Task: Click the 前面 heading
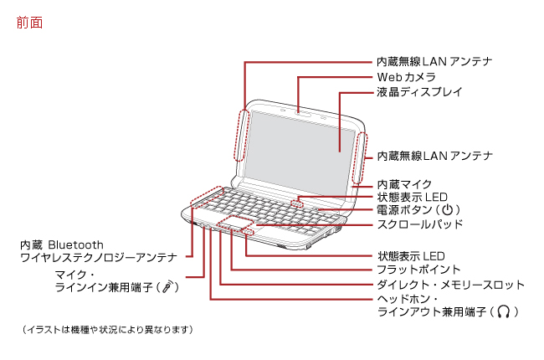point(29,23)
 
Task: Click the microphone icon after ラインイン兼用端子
point(169,287)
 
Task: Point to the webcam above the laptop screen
point(302,110)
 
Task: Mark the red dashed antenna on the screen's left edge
point(242,135)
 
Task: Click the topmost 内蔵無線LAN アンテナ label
point(434,61)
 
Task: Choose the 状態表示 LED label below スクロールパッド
point(409,255)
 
